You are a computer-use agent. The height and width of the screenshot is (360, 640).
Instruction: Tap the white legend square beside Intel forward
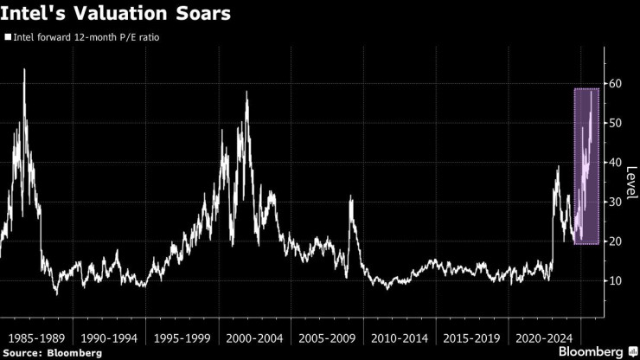click(8, 38)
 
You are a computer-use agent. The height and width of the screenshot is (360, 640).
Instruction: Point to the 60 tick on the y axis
click(615, 84)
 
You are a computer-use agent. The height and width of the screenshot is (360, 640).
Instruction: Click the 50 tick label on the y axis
click(615, 123)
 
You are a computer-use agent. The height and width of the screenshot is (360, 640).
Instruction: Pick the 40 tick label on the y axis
click(615, 163)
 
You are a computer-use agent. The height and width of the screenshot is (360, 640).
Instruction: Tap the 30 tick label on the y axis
click(615, 202)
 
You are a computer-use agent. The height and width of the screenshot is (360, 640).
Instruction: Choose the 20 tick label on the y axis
click(615, 241)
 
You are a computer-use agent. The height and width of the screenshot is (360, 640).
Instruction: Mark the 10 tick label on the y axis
click(615, 281)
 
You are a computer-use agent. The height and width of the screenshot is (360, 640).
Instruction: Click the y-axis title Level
click(632, 182)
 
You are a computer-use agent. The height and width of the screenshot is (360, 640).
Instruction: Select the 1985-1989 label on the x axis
click(37, 333)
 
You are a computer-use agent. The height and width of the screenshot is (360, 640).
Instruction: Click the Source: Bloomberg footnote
click(52, 352)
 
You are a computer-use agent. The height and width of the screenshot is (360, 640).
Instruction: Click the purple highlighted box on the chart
click(586, 166)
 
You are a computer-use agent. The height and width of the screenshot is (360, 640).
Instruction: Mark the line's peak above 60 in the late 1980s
click(23, 69)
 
